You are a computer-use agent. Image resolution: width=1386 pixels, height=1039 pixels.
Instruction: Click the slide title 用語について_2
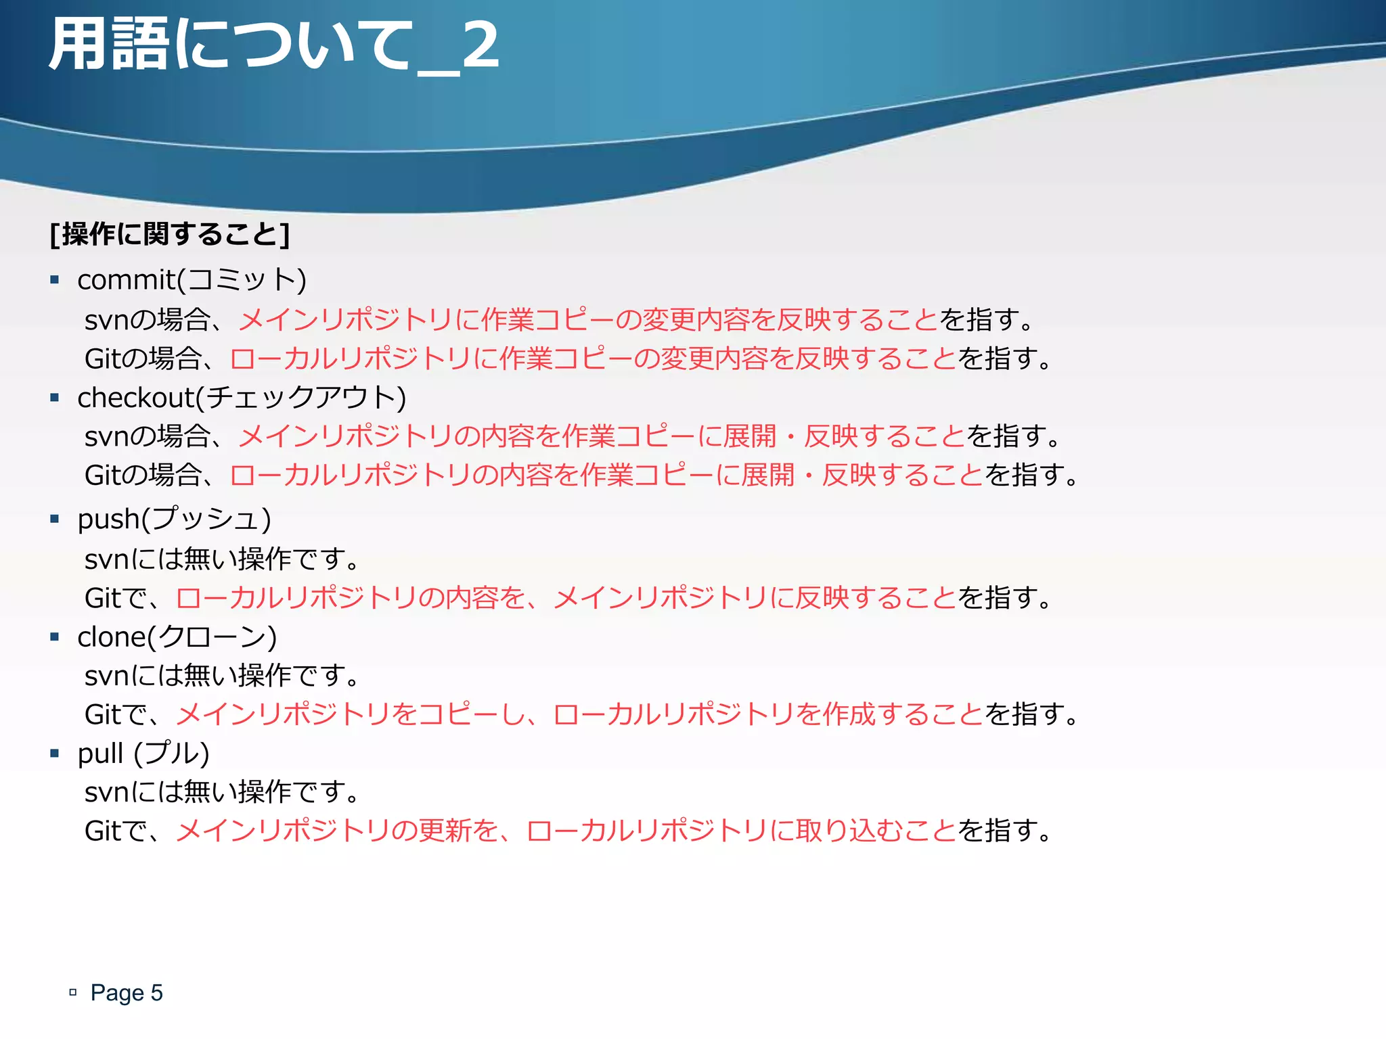pyautogui.click(x=274, y=46)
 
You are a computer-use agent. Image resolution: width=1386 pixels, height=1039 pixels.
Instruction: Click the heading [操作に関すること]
pyautogui.click(x=170, y=235)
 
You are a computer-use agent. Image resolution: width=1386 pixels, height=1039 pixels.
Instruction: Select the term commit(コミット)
pyautogui.click(x=192, y=280)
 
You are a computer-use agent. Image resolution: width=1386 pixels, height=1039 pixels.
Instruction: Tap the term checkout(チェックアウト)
pyautogui.click(x=242, y=398)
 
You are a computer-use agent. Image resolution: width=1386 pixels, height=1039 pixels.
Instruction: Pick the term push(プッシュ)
pyautogui.click(x=174, y=519)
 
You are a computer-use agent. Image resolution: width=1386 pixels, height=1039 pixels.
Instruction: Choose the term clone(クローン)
pyautogui.click(x=177, y=637)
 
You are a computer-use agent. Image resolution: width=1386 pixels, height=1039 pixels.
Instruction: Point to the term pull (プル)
pyautogui.click(x=143, y=754)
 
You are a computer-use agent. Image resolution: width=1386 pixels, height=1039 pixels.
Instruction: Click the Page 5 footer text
pyautogui.click(x=127, y=992)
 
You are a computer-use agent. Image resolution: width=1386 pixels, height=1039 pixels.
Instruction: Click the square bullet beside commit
pyautogui.click(x=55, y=279)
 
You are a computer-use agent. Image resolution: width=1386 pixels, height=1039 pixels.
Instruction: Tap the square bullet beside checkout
pyautogui.click(x=55, y=398)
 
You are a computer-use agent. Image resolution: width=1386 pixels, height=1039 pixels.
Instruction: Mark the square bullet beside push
pyautogui.click(x=55, y=519)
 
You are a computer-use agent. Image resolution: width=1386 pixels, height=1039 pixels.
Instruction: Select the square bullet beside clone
pyautogui.click(x=55, y=637)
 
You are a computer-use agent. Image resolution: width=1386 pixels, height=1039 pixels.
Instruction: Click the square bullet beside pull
pyautogui.click(x=55, y=753)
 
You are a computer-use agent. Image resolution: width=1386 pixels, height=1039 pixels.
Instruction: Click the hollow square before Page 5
pyautogui.click(x=73, y=992)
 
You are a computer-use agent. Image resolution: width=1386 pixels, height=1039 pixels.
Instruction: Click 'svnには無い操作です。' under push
pyautogui.click(x=223, y=559)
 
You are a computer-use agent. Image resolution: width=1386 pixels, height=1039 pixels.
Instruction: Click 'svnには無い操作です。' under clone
pyautogui.click(x=223, y=676)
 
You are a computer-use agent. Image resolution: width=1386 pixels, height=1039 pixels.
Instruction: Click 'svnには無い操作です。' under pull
pyautogui.click(x=223, y=792)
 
